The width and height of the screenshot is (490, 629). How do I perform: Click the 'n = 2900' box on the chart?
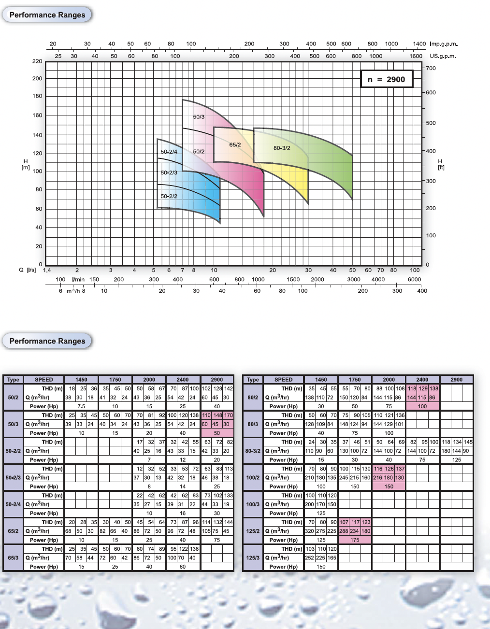tap(387, 79)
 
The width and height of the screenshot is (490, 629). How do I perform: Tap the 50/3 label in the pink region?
tap(199, 117)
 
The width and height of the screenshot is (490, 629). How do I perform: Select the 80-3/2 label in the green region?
tap(282, 148)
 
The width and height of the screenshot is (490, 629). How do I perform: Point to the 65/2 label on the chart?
tap(235, 145)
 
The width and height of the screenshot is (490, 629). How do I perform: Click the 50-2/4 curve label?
tap(169, 152)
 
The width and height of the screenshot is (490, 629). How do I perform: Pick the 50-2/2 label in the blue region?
tap(169, 196)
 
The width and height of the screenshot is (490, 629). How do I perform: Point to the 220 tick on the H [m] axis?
tap(37, 61)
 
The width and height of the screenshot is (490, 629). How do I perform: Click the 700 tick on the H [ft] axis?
tap(431, 68)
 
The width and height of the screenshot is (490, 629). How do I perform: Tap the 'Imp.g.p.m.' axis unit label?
tap(444, 44)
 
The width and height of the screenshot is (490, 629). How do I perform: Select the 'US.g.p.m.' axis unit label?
tap(443, 56)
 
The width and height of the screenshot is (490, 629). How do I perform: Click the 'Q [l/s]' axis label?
tap(28, 270)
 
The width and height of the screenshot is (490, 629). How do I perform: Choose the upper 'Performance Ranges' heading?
tap(47, 15)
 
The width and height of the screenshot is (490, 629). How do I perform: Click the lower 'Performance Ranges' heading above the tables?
tap(47, 341)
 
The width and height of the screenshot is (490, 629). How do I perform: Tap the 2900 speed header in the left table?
tap(217, 380)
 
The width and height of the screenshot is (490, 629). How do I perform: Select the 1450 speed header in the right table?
tap(321, 380)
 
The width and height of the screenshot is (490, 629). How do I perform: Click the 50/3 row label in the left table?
tap(13, 424)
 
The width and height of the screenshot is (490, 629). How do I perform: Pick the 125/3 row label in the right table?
tap(253, 558)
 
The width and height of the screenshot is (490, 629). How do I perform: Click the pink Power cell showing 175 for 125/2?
tap(355, 540)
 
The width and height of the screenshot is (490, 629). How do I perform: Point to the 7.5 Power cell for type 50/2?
tap(81, 406)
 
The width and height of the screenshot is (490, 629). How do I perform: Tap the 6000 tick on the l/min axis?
tap(414, 279)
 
